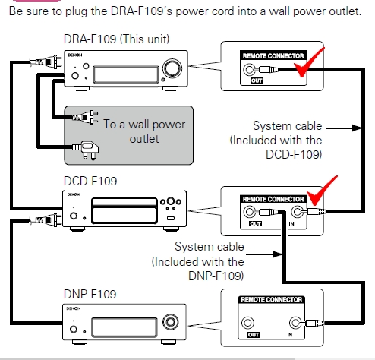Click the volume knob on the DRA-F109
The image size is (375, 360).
point(172,68)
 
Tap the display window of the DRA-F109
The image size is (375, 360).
point(126,74)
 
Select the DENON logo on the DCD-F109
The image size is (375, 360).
point(74,194)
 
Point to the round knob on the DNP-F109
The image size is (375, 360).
point(170,322)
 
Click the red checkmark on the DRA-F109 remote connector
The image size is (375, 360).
point(308,62)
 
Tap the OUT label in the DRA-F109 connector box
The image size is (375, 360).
point(257,81)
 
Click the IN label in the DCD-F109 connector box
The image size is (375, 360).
point(291,224)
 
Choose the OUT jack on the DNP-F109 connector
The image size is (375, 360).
point(247,323)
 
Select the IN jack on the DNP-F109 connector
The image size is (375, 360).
point(295,323)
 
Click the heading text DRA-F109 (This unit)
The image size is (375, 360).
point(116,39)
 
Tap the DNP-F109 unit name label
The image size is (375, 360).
point(90,294)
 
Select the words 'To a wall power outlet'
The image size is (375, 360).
point(144,131)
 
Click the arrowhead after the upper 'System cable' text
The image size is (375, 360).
point(358,128)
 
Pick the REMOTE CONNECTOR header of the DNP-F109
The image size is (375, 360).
point(271,300)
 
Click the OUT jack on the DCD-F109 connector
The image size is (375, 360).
point(249,212)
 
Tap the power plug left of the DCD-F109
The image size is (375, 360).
point(46,220)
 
